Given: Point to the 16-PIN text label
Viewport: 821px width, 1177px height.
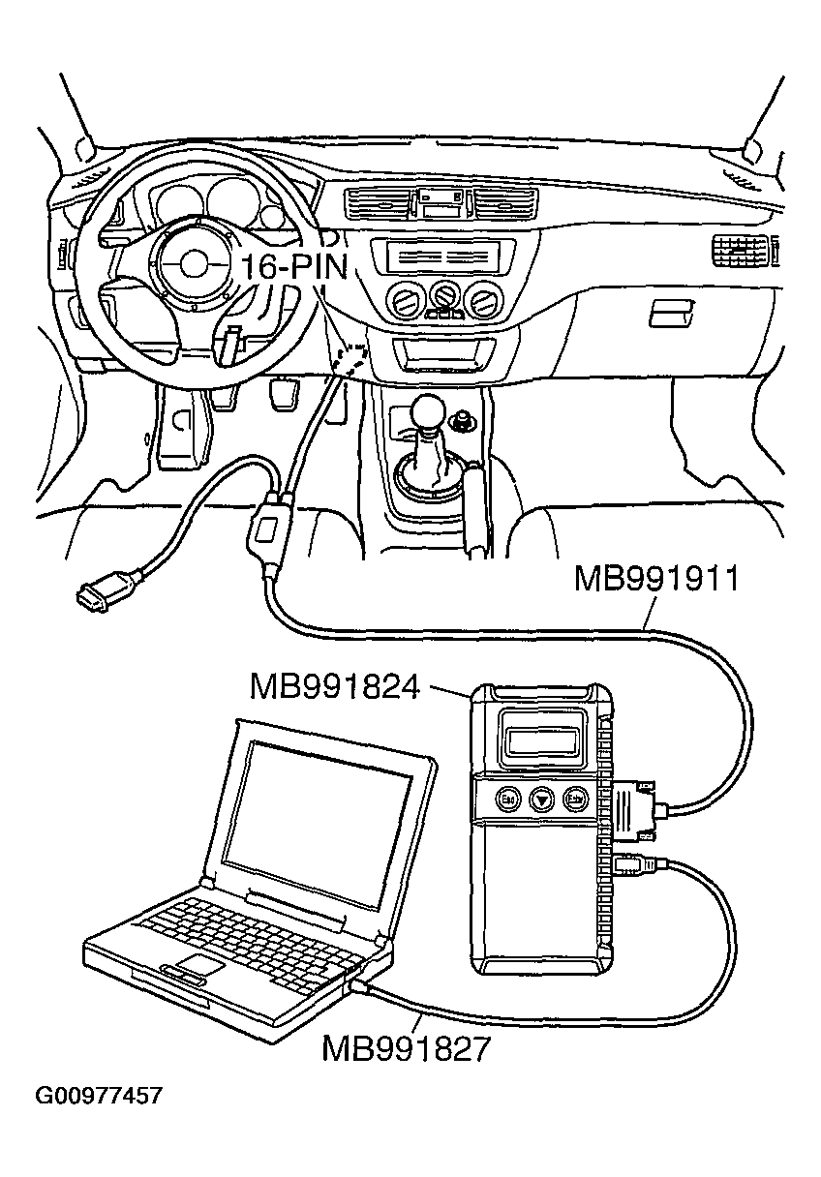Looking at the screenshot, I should (292, 267).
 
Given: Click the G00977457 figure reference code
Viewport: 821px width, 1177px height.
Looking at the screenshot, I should (98, 1097).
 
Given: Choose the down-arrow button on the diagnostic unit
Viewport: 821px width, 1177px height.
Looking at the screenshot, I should (541, 800).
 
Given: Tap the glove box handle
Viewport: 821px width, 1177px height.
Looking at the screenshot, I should (671, 312).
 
